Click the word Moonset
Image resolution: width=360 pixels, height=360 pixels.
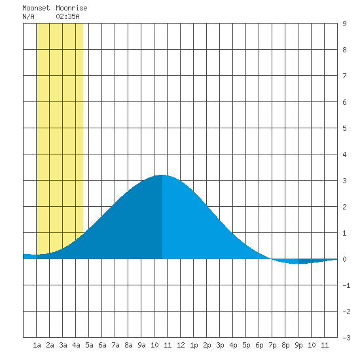[x=36, y=8]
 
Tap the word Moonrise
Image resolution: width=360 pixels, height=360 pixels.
[x=71, y=8]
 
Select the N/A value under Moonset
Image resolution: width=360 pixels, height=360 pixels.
[x=28, y=16]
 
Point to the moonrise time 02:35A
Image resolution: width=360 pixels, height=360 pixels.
[x=67, y=16]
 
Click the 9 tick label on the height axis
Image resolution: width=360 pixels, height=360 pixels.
[x=344, y=24]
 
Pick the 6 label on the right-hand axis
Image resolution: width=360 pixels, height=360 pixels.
[x=344, y=102]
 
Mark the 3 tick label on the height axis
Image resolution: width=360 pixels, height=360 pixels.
[x=344, y=181]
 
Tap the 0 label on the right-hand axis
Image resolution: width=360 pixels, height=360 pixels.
[x=344, y=259]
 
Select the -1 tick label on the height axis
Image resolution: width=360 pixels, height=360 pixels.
[x=346, y=285]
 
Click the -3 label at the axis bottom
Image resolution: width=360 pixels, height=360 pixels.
[x=346, y=338]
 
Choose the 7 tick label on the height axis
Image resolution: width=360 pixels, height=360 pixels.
[x=344, y=76]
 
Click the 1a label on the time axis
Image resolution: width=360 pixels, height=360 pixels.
[x=37, y=345]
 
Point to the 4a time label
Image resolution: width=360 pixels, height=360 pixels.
[x=76, y=345]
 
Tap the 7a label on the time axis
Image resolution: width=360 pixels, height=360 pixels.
[x=115, y=345]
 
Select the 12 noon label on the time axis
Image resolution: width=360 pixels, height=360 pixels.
[x=181, y=345]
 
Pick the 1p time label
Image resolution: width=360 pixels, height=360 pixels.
[x=194, y=345]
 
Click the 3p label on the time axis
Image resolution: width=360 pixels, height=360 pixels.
[x=220, y=345]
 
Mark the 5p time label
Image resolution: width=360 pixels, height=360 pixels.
[x=246, y=345]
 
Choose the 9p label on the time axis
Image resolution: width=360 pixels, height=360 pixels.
[x=298, y=345]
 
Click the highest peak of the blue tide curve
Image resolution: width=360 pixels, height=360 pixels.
[x=162, y=175]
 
